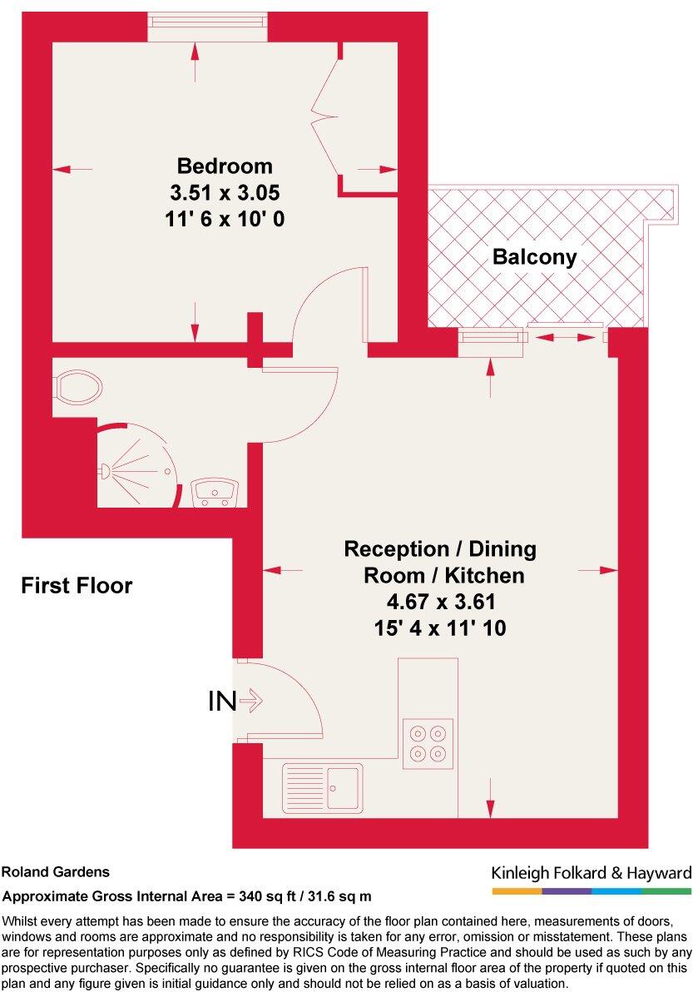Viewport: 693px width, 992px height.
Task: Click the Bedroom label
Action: [x=224, y=165]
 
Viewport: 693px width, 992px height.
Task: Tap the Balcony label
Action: [x=534, y=257]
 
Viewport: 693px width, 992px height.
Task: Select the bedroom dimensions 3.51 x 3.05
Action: [x=224, y=193]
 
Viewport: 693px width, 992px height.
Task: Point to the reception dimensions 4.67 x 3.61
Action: [x=440, y=601]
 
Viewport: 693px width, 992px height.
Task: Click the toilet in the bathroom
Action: [x=78, y=387]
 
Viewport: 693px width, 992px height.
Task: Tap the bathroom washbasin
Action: [x=216, y=493]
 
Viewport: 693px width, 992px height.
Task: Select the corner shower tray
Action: [x=137, y=468]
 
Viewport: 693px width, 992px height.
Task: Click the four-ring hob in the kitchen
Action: [x=428, y=742]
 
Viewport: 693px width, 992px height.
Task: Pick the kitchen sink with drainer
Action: [x=323, y=786]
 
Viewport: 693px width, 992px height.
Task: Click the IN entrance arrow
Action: [x=250, y=702]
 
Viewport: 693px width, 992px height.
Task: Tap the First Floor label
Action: [x=77, y=586]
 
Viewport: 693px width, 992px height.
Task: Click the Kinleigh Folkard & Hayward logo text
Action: [x=592, y=873]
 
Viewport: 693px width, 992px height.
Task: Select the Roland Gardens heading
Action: [x=56, y=873]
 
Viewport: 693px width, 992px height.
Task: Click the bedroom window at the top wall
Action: [x=208, y=27]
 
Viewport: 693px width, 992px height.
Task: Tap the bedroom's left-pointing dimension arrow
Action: [x=72, y=169]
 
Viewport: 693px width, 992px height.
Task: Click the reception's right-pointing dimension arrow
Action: [x=598, y=570]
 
